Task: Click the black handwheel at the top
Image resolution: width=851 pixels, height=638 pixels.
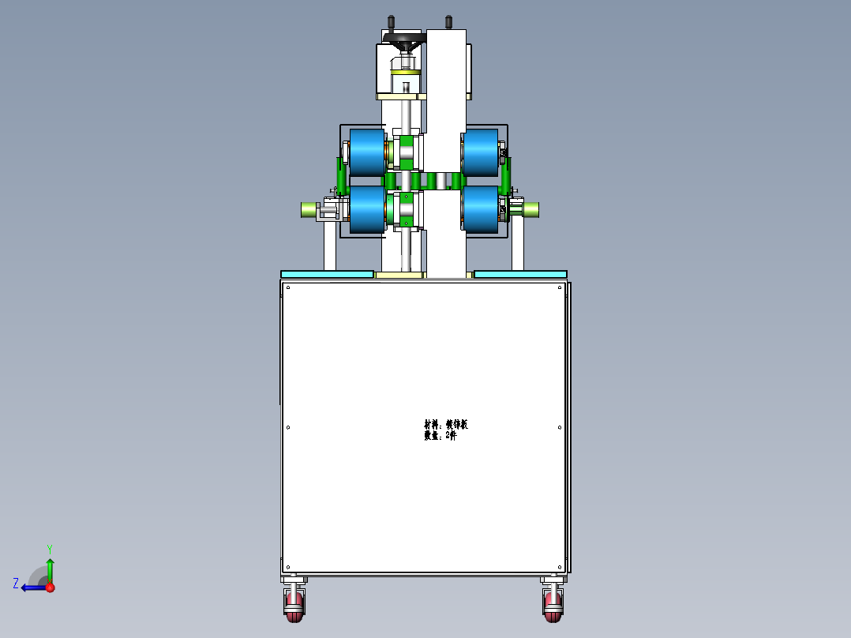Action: click(x=403, y=38)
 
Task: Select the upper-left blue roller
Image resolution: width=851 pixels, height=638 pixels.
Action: click(x=366, y=152)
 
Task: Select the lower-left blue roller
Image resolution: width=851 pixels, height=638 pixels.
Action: click(x=366, y=210)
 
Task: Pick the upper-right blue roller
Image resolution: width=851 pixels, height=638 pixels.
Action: click(x=480, y=152)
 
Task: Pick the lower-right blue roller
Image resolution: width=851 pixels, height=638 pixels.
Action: click(x=480, y=210)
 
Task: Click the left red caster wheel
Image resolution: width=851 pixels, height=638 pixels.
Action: click(x=294, y=606)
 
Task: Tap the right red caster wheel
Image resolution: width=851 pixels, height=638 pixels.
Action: click(x=553, y=606)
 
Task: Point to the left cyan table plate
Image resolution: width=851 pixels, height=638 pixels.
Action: click(x=327, y=274)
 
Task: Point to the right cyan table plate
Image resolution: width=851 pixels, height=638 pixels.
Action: click(x=520, y=274)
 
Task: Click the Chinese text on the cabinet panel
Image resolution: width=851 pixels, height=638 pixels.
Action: click(x=445, y=430)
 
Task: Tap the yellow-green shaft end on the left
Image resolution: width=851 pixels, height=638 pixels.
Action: click(x=308, y=209)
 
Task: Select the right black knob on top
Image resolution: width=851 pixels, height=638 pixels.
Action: click(x=448, y=21)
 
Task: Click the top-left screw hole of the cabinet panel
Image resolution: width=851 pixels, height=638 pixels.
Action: click(x=288, y=288)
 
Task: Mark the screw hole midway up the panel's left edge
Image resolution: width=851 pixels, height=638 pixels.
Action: click(x=288, y=428)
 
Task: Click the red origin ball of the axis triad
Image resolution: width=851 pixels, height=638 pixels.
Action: click(x=50, y=587)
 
